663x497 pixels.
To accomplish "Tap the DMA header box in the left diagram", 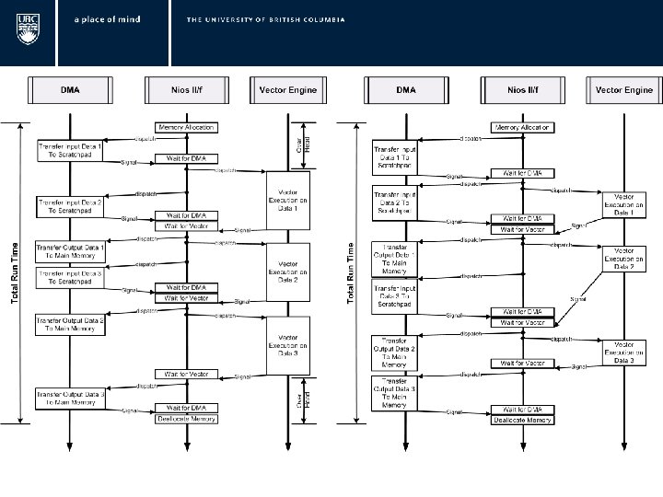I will [x=69, y=90].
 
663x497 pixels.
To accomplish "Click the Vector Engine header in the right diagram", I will [x=624, y=90].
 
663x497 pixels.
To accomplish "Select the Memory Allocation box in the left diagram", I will [x=187, y=126].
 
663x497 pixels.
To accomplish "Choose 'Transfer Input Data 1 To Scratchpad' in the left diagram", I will [x=70, y=150].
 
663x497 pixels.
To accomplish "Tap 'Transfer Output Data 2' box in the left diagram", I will [x=70, y=322].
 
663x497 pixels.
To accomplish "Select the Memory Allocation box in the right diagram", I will [x=522, y=127].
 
